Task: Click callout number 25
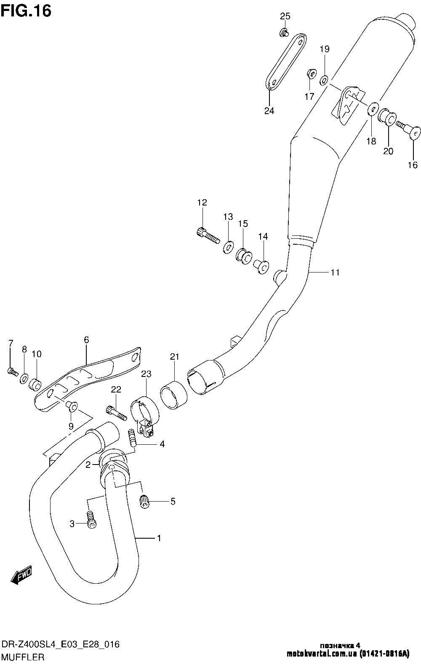(x=285, y=16)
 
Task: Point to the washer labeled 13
(x=228, y=247)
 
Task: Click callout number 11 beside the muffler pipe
(x=334, y=272)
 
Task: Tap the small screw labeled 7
(x=12, y=371)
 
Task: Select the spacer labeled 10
(x=35, y=384)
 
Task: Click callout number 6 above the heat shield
(x=87, y=340)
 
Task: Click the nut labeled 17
(x=309, y=74)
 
